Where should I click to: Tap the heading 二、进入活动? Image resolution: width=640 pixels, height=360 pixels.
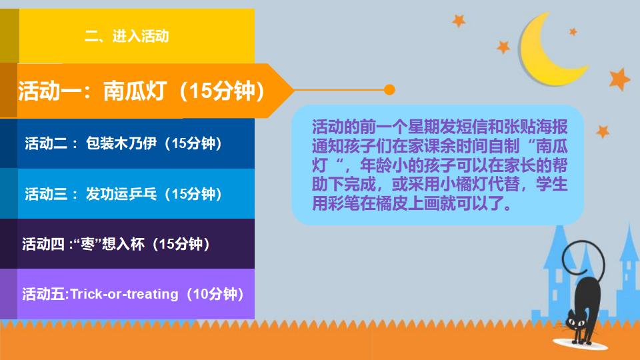[x=127, y=36]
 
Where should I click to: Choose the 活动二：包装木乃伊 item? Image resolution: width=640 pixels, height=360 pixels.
[x=123, y=143]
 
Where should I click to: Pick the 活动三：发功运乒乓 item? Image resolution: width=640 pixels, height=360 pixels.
[x=123, y=194]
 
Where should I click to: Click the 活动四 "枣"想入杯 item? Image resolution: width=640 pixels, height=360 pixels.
[x=116, y=244]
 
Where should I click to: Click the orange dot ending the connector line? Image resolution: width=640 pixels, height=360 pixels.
[x=390, y=89]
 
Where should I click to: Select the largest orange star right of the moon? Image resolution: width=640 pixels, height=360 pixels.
[x=619, y=79]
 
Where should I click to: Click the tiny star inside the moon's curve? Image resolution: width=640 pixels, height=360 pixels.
[x=571, y=31]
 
